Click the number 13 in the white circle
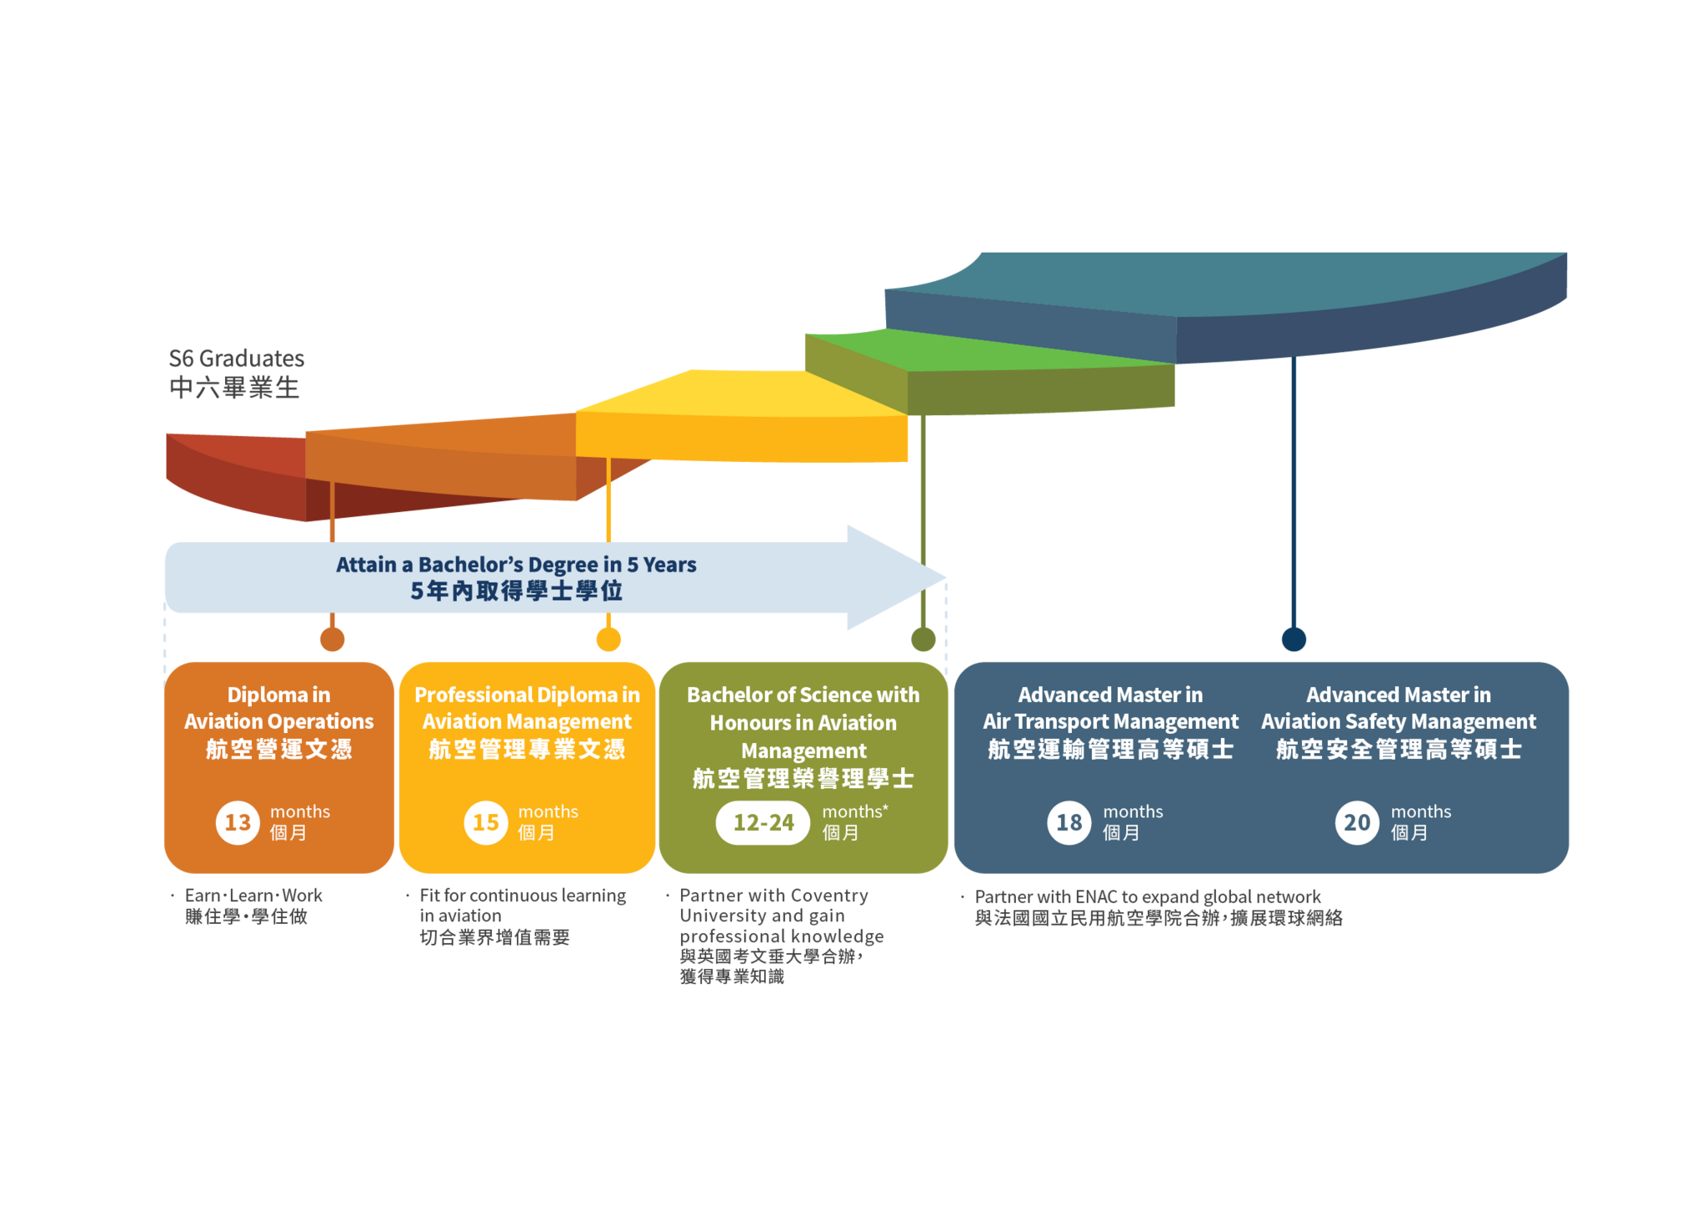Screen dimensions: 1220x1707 pos(238,822)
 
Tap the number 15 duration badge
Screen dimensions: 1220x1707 pos(486,822)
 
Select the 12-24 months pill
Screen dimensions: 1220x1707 pos(763,822)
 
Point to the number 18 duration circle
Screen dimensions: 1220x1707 pos(1069,822)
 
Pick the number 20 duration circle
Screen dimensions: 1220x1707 pos(1357,822)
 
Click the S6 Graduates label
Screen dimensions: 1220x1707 pos(237,359)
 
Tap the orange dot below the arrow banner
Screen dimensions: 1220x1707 pos(332,640)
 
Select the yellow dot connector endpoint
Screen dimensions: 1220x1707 pos(608,640)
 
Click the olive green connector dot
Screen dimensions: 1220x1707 pos(923,640)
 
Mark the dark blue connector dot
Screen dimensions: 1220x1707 pos(1294,640)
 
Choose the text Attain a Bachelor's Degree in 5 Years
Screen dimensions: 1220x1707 pos(516,565)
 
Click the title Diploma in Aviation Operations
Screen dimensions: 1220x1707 pos(278,708)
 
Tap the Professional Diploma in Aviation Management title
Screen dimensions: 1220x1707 pos(527,708)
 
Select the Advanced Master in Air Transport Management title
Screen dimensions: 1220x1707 pos(1110,708)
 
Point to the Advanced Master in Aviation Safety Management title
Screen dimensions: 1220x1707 pos(1399,708)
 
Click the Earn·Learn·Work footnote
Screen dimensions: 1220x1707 pos(253,896)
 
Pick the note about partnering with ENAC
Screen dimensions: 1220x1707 pos(1148,897)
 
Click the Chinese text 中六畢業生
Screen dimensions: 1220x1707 pos(234,388)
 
